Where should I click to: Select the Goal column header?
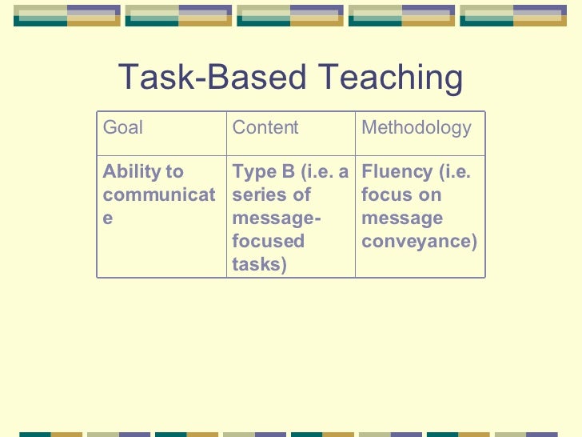(x=123, y=127)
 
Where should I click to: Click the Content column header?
(x=265, y=127)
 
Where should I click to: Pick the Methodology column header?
(x=417, y=127)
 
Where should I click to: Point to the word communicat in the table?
(x=159, y=195)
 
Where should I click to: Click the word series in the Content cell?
(x=259, y=195)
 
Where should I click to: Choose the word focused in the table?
(x=268, y=242)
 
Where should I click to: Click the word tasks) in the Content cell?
(x=259, y=265)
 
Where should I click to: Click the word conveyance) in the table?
(x=419, y=242)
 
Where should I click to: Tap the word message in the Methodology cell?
(x=401, y=218)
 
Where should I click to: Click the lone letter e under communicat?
(x=108, y=218)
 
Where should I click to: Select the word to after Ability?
(x=174, y=172)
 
